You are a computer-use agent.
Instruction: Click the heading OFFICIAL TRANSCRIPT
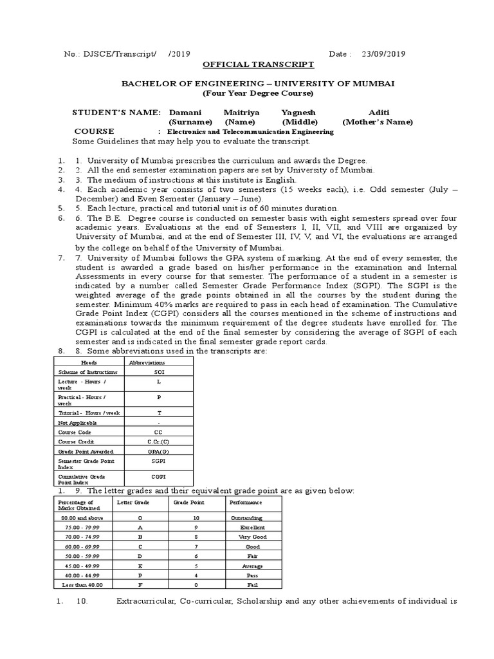250,65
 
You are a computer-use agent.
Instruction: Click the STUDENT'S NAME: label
116,112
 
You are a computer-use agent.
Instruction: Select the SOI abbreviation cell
159,372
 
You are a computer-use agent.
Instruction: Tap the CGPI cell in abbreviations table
159,477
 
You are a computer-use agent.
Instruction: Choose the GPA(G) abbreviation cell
159,452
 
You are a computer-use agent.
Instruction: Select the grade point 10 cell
194,517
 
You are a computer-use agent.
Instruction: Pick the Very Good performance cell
252,536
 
